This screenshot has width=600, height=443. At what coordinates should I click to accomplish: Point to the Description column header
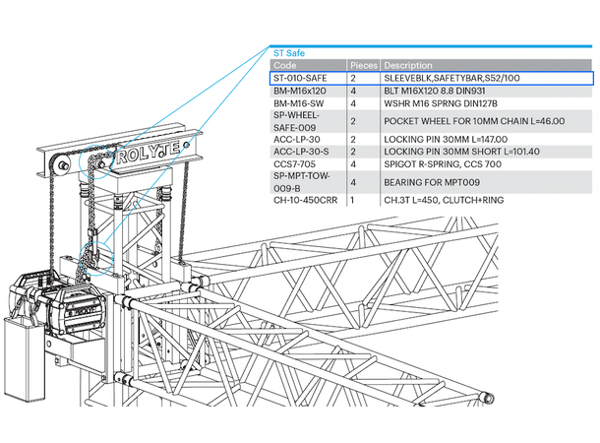click(x=408, y=65)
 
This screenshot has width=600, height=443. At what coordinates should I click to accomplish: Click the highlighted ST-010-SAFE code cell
click(x=301, y=77)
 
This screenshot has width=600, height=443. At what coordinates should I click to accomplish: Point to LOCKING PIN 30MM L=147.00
click(x=446, y=139)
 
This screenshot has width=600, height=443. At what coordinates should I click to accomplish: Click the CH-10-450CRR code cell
click(x=304, y=201)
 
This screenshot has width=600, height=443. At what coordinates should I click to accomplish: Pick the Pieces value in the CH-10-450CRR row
click(x=352, y=201)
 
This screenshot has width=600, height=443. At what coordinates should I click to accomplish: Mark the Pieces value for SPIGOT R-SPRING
click(x=352, y=164)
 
